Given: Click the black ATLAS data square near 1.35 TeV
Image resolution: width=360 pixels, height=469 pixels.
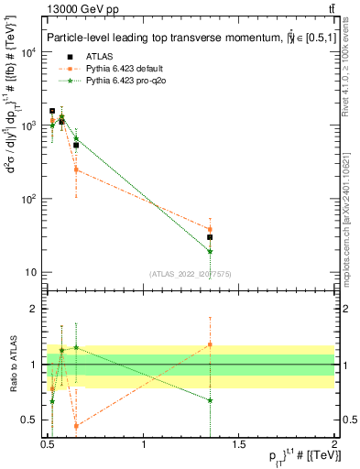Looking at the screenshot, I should click(210, 237).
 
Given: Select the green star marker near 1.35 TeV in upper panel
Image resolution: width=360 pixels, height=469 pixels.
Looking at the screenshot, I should click(210, 251).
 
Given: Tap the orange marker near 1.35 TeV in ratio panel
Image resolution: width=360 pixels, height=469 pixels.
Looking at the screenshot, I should click(210, 344).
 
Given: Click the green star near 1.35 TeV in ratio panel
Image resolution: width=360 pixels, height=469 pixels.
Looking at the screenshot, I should click(210, 400).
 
